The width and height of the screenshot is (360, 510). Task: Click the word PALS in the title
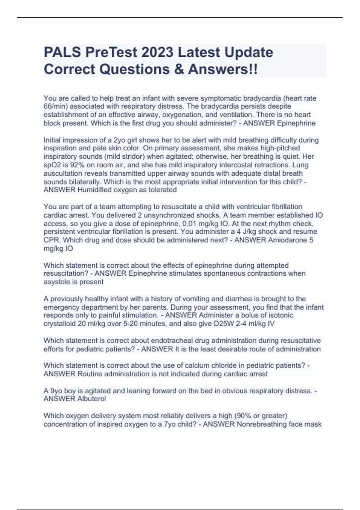62,52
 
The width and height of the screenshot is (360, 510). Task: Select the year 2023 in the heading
157,52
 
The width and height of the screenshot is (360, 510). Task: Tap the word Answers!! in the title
223,69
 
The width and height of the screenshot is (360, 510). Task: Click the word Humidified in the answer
95,190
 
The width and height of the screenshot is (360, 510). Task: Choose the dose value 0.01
190,223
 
